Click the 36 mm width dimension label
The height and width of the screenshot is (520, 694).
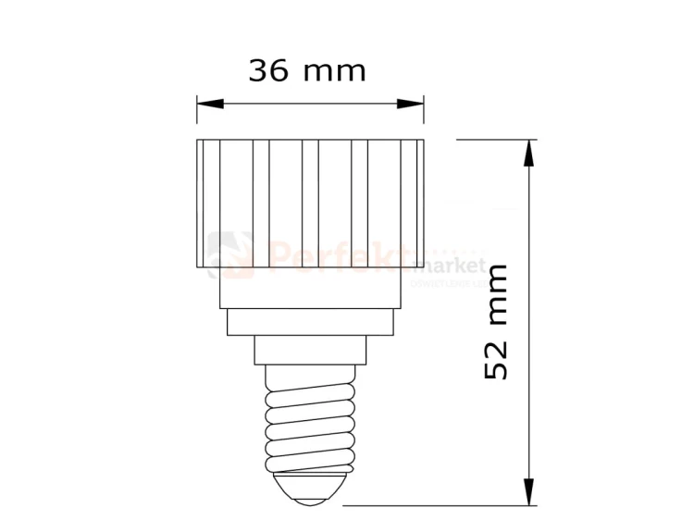click(x=307, y=70)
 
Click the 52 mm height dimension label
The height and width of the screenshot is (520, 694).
click(x=497, y=321)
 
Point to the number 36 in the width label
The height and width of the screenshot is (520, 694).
click(x=268, y=70)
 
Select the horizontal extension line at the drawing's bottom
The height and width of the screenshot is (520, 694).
click(x=435, y=506)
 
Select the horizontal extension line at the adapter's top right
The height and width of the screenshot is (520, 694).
click(x=490, y=139)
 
